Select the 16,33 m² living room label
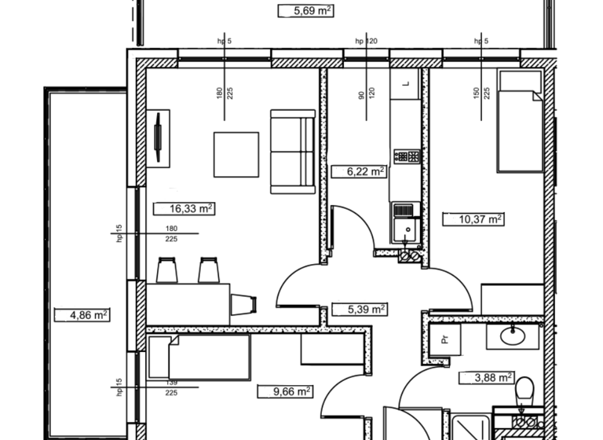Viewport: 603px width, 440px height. pyautogui.click(x=187, y=209)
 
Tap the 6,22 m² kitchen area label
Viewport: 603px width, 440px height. pyautogui.click(x=358, y=171)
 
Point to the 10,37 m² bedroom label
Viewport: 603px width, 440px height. pyautogui.click(x=474, y=220)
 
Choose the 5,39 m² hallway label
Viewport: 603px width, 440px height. pyautogui.click(x=358, y=310)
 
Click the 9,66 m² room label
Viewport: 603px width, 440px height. pyautogui.click(x=286, y=390)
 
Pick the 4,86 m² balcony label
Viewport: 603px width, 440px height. pyautogui.click(x=81, y=315)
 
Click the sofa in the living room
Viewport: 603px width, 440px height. pyautogui.click(x=293, y=151)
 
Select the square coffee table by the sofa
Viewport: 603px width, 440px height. pyautogui.click(x=236, y=154)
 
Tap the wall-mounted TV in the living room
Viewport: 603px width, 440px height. pyautogui.click(x=159, y=139)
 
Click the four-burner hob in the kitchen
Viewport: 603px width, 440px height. pyautogui.click(x=407, y=156)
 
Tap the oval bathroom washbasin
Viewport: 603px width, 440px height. pyautogui.click(x=514, y=337)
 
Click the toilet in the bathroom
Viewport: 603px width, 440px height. pyautogui.click(x=524, y=390)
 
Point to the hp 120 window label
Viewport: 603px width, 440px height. pyautogui.click(x=367, y=41)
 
